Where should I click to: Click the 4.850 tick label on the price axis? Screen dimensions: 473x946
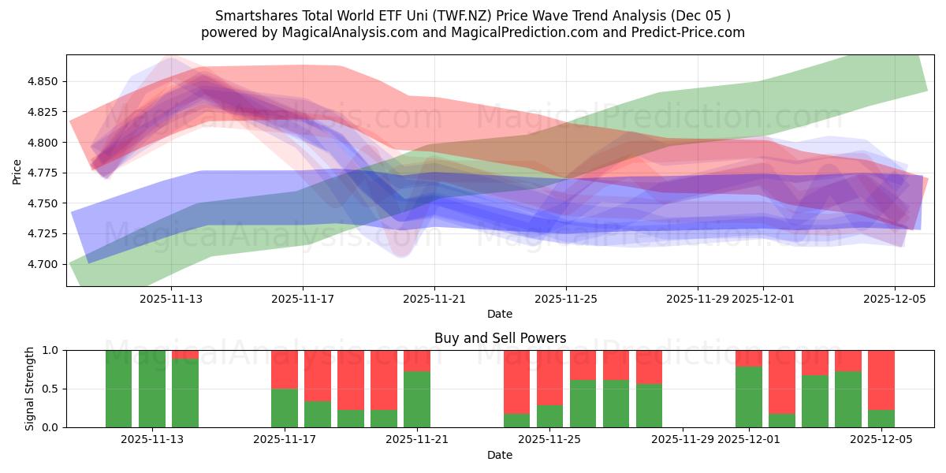43,81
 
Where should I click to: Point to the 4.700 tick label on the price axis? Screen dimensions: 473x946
43,264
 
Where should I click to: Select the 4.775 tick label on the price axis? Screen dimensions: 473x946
43,173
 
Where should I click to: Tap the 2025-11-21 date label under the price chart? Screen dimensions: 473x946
434,300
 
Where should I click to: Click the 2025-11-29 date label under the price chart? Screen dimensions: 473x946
697,300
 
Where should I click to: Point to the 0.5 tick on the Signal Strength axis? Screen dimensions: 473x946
51,389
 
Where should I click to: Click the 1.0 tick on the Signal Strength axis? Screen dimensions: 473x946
51,350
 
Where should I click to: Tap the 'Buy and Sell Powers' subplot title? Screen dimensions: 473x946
500,338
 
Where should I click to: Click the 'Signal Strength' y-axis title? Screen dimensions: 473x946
29,389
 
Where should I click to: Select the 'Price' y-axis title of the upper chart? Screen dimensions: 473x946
17,170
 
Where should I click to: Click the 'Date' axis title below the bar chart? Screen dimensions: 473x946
500,455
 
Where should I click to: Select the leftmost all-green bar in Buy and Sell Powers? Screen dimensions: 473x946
119,389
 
